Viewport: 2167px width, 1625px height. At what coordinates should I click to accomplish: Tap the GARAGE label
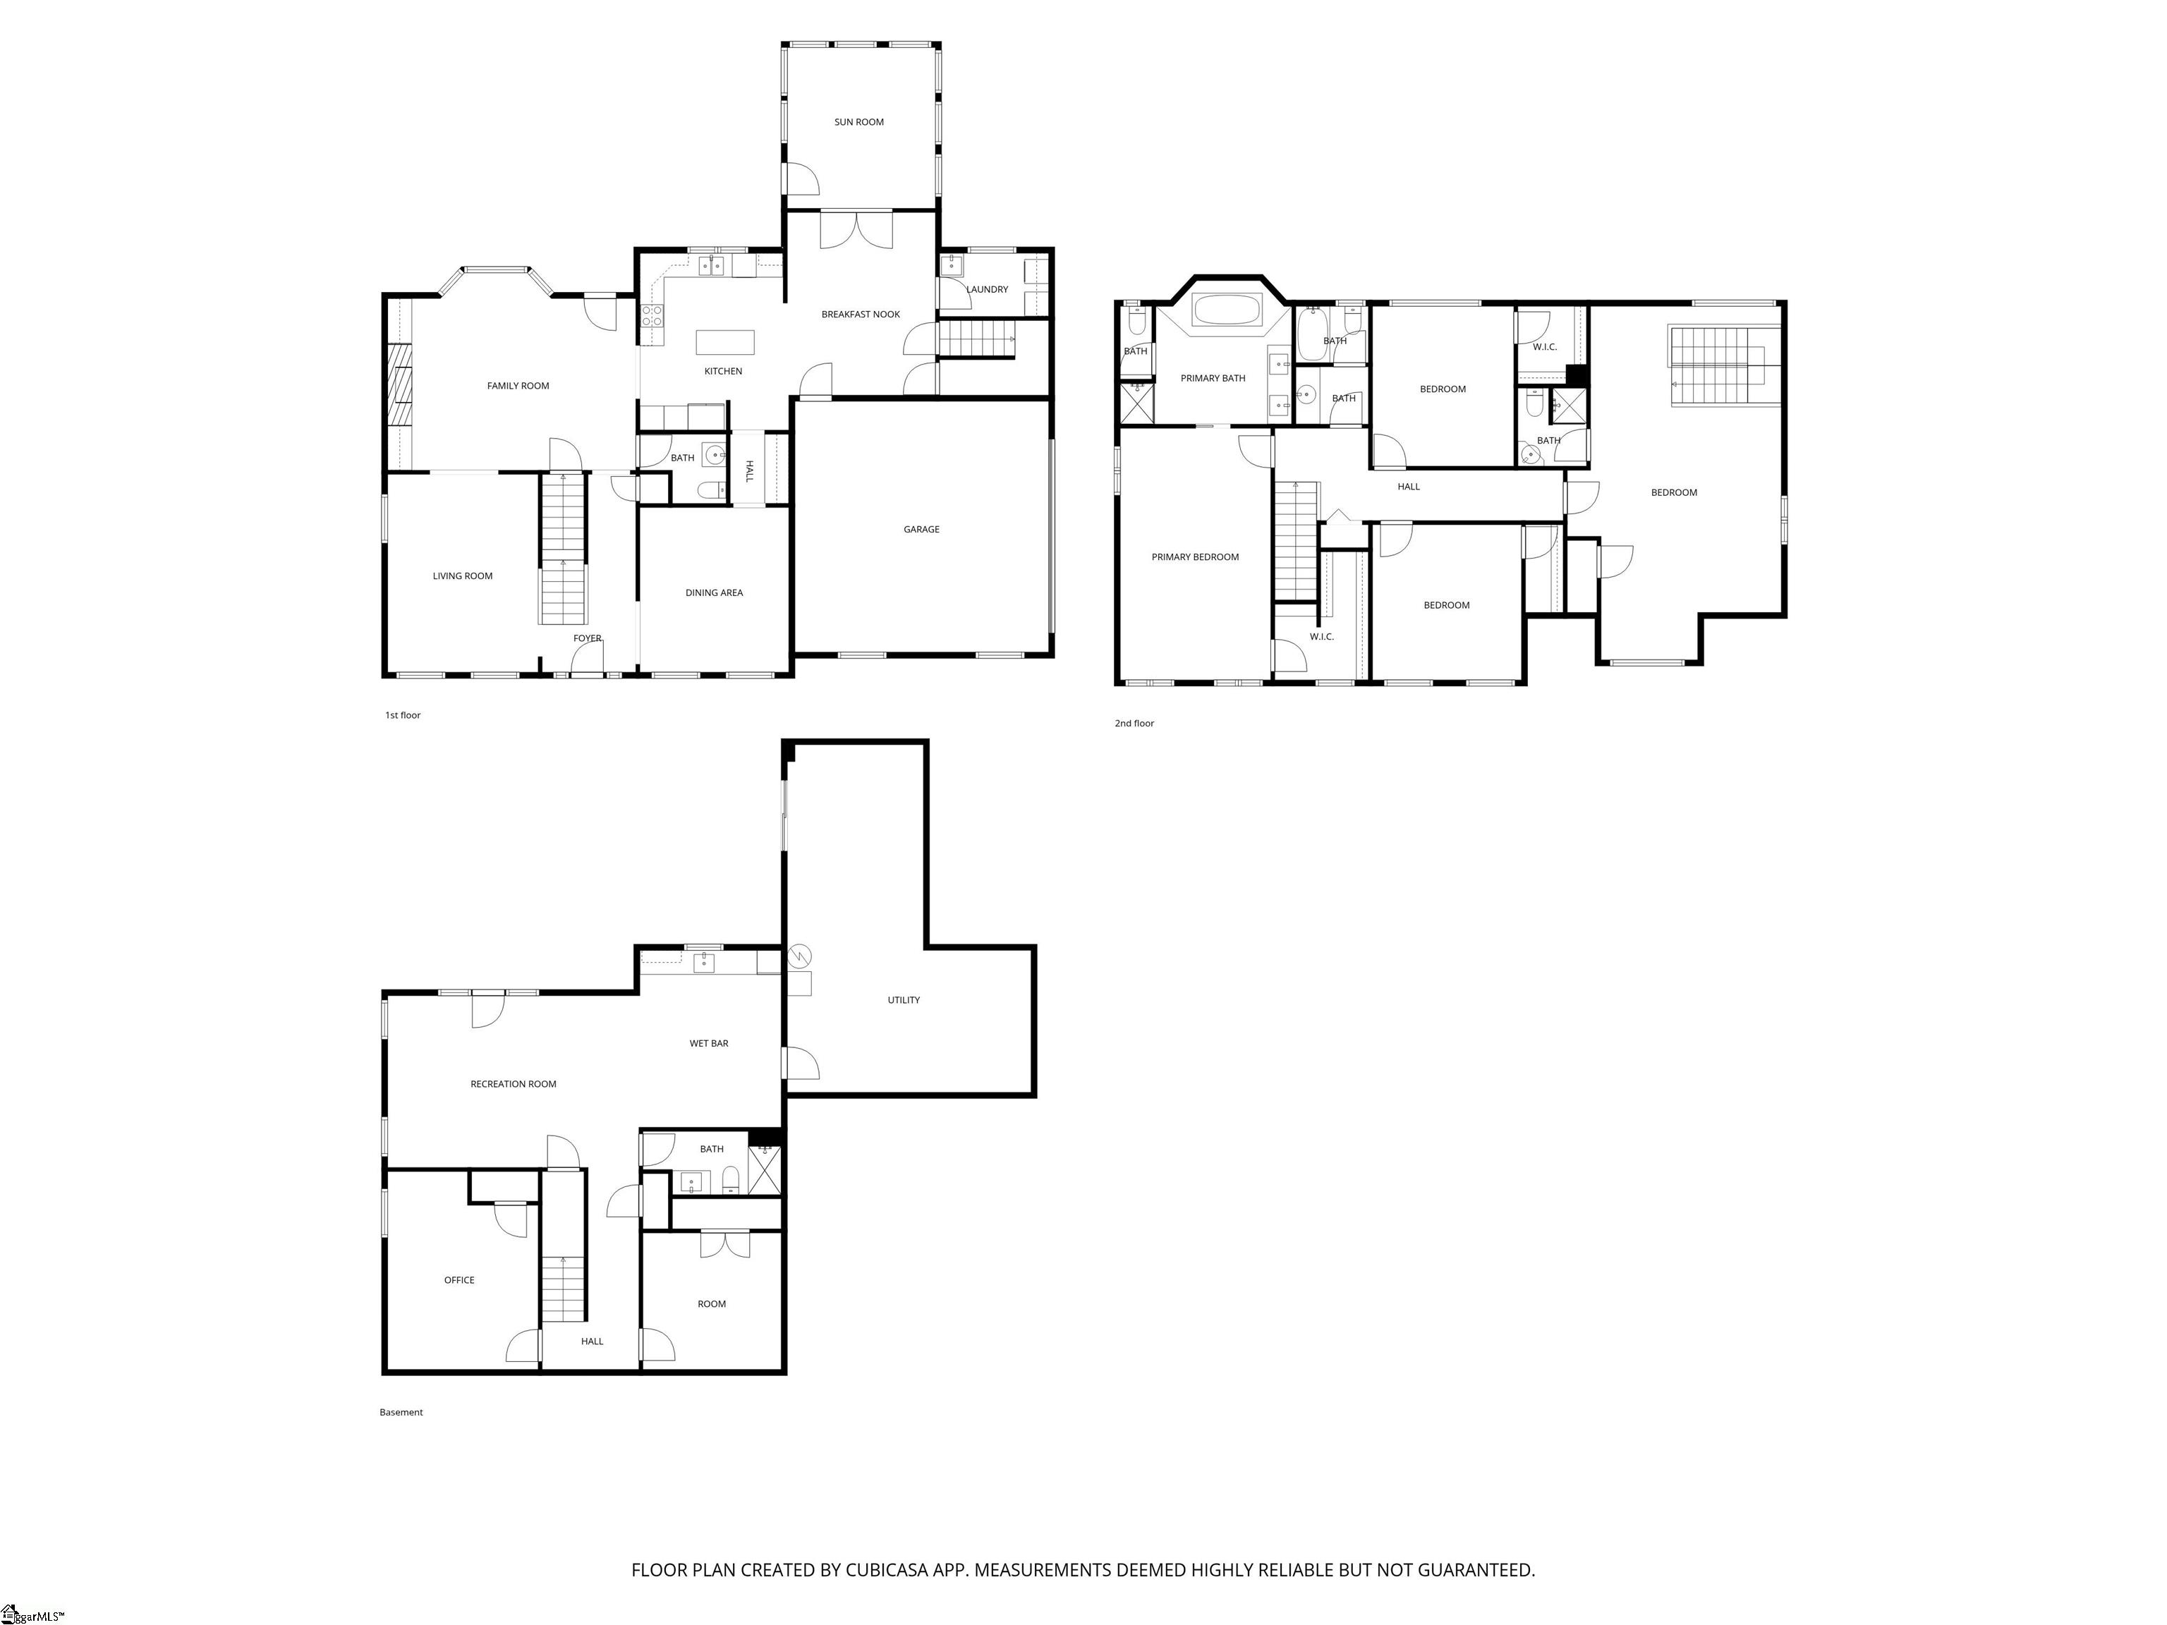tap(921, 530)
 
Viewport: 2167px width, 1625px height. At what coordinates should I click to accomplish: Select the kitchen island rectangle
tap(726, 342)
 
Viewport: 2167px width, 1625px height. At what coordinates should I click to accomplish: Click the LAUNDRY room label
tap(987, 290)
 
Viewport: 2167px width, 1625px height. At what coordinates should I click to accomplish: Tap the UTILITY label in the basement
tap(903, 1000)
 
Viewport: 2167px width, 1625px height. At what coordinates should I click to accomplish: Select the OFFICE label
tap(459, 1280)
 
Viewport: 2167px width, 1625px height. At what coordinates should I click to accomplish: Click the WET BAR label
tap(708, 1043)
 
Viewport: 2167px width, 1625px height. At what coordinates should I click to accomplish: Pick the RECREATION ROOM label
tap(514, 1084)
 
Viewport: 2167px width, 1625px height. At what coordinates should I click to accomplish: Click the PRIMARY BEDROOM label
tap(1195, 557)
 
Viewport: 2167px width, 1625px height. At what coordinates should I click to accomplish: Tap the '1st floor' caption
tap(403, 715)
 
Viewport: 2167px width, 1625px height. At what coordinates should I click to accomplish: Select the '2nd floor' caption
tap(1134, 723)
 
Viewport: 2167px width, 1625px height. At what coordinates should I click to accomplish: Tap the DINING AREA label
tap(714, 592)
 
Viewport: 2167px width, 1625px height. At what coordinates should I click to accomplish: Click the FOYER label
tap(587, 638)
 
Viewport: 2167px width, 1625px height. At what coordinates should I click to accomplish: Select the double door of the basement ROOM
tap(725, 1243)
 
